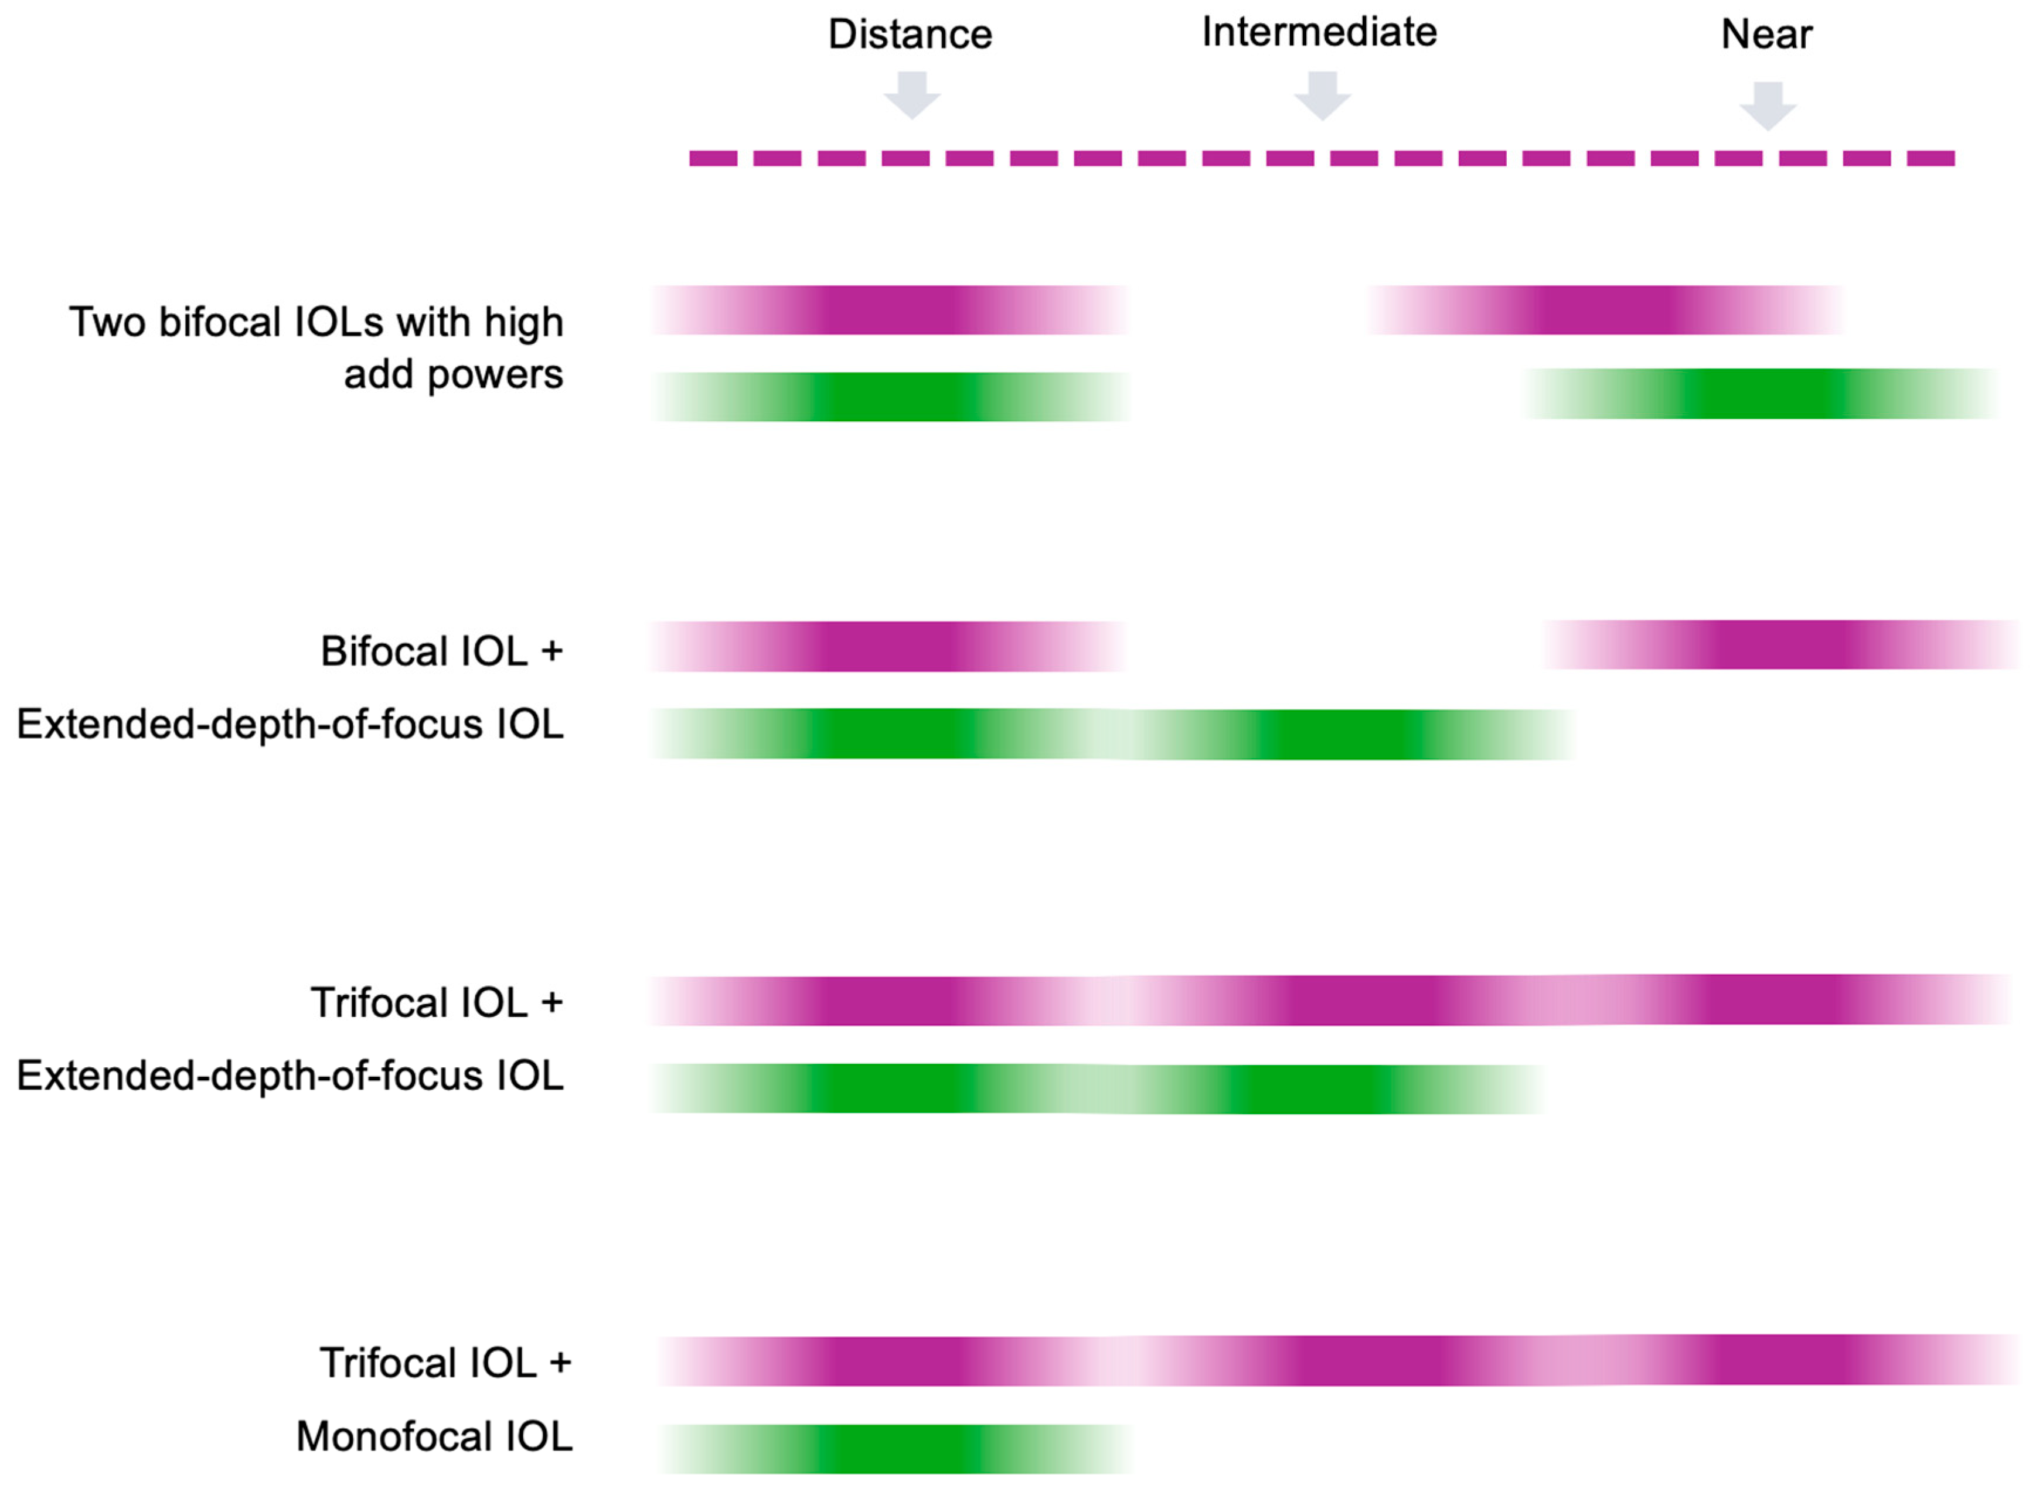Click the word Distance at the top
(x=910, y=35)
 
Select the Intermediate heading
(x=1319, y=33)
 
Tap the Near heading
(x=1766, y=35)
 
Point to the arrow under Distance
(x=911, y=95)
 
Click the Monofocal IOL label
(x=434, y=1436)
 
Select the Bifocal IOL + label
(x=442, y=651)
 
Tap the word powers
(x=495, y=374)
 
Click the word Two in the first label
(x=107, y=322)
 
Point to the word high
(x=523, y=322)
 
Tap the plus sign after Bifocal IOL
(x=551, y=651)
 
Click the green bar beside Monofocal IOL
(x=896, y=1448)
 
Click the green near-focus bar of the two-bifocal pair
(x=1761, y=394)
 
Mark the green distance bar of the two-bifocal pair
(x=892, y=397)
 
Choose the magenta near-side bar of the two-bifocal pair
(x=1605, y=309)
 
